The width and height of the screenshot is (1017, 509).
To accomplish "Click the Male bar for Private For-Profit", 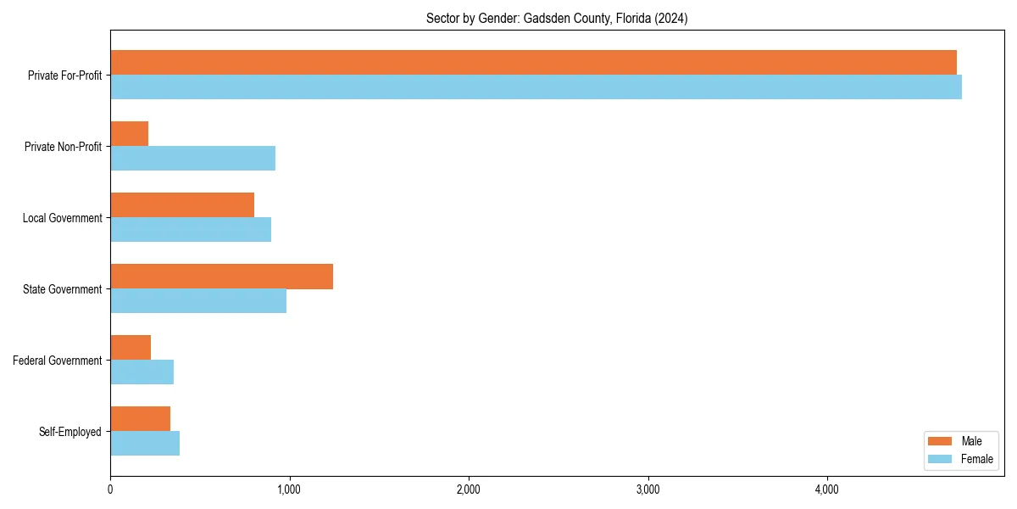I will (x=533, y=63).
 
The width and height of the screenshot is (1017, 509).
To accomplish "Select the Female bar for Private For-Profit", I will (x=536, y=87).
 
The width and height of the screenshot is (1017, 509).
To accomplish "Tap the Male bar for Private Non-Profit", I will (x=130, y=134).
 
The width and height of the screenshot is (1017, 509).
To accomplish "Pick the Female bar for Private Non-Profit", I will (x=192, y=159).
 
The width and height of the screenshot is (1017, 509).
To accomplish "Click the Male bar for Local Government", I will (x=182, y=205).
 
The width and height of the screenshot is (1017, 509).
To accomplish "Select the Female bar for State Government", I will (x=198, y=301).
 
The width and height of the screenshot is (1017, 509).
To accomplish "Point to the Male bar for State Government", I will (x=221, y=277).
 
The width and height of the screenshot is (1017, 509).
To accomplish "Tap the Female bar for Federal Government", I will (x=142, y=372).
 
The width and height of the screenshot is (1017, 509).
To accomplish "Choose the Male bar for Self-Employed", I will (x=140, y=419).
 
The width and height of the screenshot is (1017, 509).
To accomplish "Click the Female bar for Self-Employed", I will (x=145, y=444).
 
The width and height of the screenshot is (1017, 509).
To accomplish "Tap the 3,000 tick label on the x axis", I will (x=647, y=489).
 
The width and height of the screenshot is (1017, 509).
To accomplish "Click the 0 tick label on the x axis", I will (x=110, y=489).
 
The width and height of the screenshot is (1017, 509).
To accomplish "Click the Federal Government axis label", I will (x=58, y=361).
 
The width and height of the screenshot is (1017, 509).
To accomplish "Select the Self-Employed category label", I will (x=70, y=432).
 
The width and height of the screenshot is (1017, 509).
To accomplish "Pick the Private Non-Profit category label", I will (x=63, y=147).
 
